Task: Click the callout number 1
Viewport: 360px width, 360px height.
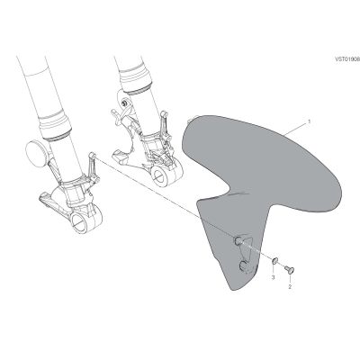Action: [309, 121]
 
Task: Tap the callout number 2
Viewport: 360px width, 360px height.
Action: [290, 286]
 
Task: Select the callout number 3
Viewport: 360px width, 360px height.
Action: [273, 278]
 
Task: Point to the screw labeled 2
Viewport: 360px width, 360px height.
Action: [290, 269]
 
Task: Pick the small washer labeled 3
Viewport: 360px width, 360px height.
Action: [274, 261]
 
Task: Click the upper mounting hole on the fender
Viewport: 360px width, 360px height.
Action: [238, 240]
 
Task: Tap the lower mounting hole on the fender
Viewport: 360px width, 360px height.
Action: [245, 265]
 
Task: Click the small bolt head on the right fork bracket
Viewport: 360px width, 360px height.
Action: [123, 103]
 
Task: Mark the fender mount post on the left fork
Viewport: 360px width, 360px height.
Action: [92, 155]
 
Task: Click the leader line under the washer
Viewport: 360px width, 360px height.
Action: [274, 270]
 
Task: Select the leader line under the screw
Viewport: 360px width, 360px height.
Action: [291, 278]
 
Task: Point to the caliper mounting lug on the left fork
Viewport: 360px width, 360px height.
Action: [47, 199]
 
